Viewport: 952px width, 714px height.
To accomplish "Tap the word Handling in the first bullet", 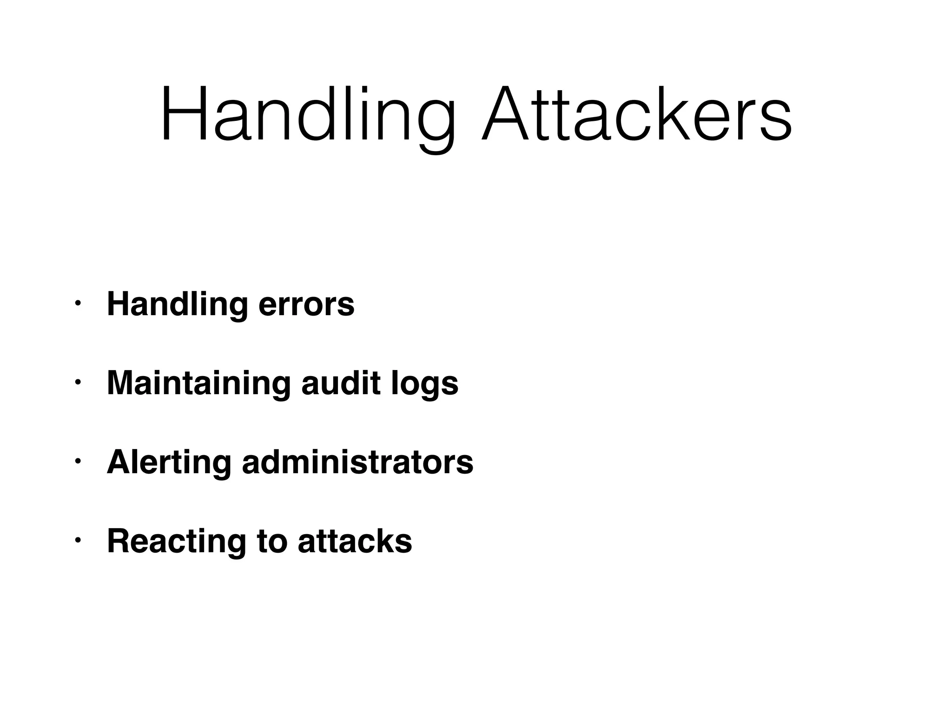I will tap(177, 305).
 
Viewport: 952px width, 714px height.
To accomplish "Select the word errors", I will tap(306, 305).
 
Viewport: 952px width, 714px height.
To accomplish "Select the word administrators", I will tap(357, 463).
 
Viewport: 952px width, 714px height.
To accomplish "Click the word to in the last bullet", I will tap(271, 542).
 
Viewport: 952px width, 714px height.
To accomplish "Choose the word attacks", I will tap(355, 542).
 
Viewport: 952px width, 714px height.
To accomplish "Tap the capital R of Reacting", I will tap(118, 542).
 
